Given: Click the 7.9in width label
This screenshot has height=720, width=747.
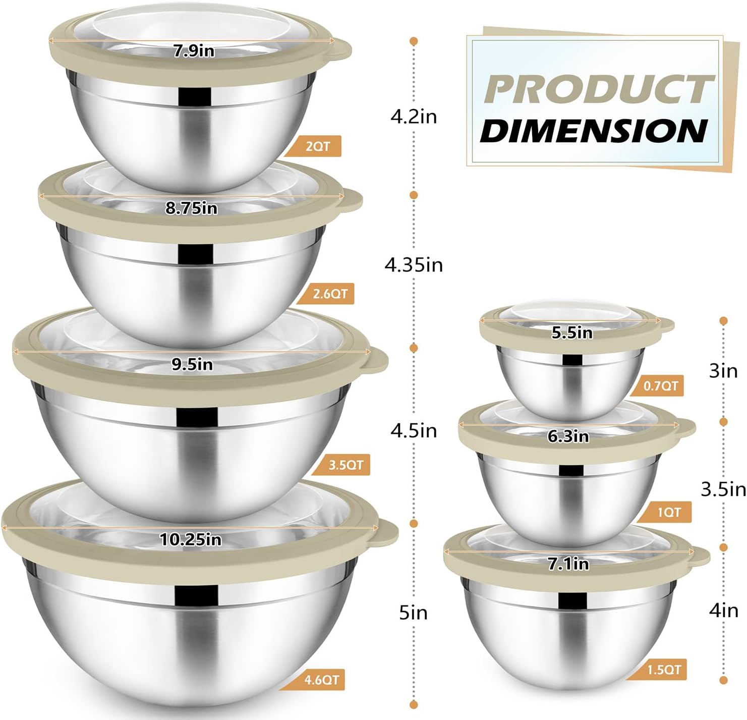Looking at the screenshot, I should [194, 51].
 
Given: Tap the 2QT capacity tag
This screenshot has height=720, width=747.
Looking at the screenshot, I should [317, 146].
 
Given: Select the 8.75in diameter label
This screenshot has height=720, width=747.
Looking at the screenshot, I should [191, 208].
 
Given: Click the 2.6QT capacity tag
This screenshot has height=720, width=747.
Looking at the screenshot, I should [329, 294].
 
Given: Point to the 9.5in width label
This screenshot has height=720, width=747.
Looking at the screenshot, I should [192, 364].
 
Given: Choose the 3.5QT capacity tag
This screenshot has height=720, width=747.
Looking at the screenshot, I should [345, 465].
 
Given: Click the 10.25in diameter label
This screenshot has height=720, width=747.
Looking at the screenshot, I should [191, 539].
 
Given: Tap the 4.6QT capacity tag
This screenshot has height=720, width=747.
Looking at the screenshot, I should [321, 680].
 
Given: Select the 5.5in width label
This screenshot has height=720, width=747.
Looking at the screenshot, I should [571, 333].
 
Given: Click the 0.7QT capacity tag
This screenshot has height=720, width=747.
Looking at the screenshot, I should [660, 386].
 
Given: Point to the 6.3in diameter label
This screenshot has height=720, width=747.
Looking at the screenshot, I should [568, 436].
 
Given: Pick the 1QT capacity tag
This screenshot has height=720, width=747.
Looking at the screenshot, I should [668, 513].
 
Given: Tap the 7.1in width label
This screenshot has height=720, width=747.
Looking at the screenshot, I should [568, 564].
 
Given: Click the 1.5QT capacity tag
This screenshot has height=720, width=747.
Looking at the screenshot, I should [663, 670].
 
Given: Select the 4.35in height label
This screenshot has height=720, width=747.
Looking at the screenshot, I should [414, 264].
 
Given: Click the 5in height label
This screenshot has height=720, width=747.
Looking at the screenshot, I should [413, 613].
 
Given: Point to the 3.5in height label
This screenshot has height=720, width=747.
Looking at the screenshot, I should [723, 488].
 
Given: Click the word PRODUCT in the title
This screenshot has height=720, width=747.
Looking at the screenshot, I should [598, 90].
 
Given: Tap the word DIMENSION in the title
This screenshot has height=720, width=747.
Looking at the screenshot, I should [594, 131].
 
